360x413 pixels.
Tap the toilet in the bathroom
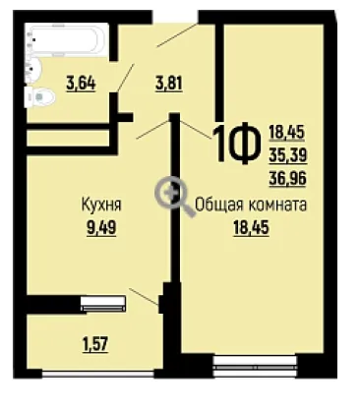(x=40, y=97)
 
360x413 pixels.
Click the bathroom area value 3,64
(x=81, y=84)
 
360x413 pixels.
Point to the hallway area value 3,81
(x=169, y=84)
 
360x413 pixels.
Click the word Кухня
(x=101, y=206)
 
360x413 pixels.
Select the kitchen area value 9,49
(x=101, y=227)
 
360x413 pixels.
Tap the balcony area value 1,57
(x=95, y=344)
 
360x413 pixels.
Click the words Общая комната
(x=251, y=206)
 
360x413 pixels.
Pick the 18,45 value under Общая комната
(x=251, y=227)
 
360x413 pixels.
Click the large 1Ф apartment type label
(x=234, y=145)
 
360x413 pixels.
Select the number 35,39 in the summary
(x=288, y=155)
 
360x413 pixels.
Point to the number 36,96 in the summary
(x=288, y=178)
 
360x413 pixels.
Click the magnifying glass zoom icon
(x=173, y=196)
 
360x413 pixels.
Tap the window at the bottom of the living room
(x=255, y=367)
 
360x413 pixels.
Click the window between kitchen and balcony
(x=103, y=303)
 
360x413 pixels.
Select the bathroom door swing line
(x=126, y=78)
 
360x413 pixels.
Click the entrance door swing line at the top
(x=177, y=34)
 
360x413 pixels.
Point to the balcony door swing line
(x=145, y=297)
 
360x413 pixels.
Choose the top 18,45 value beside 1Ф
(x=287, y=133)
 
